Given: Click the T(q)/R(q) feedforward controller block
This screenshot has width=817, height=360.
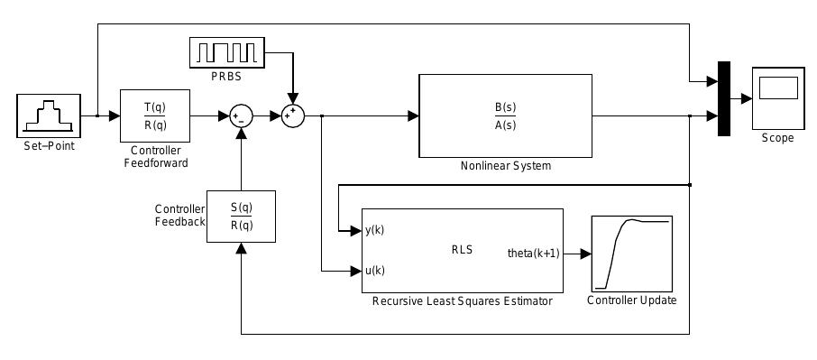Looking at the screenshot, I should tap(155, 115).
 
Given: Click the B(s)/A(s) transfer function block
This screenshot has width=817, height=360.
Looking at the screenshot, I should tap(505, 115).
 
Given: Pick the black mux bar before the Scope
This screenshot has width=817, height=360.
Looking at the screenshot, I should tap(723, 98).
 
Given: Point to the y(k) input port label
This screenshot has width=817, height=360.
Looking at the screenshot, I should tap(374, 231).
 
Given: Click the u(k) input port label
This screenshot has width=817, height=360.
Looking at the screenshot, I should tap(374, 270).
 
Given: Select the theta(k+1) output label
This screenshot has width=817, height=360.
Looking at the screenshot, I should tap(534, 254).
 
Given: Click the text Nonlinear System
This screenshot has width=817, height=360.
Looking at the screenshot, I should tap(505, 166).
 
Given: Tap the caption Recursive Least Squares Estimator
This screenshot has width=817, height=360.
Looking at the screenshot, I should tap(462, 301).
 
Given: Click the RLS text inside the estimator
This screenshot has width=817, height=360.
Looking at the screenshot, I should tap(462, 250).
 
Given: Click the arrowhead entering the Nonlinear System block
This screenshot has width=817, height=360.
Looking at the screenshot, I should tap(413, 115).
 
